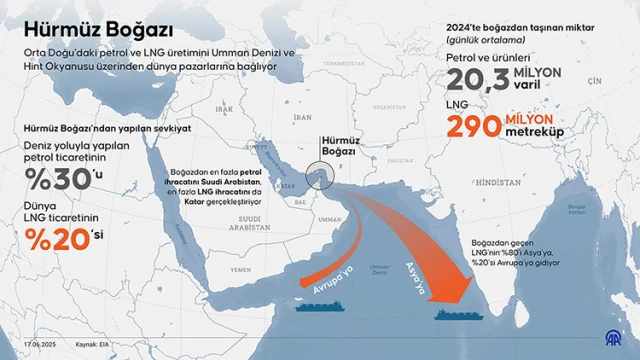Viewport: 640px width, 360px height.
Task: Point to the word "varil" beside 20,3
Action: [x=549, y=85]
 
